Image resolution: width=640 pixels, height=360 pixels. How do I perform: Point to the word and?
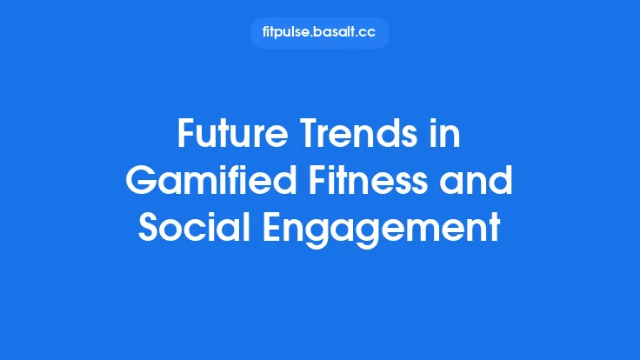481,181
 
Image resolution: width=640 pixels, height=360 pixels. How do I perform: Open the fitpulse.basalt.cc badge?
319,33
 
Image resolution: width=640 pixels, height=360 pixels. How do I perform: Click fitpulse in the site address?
285,33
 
